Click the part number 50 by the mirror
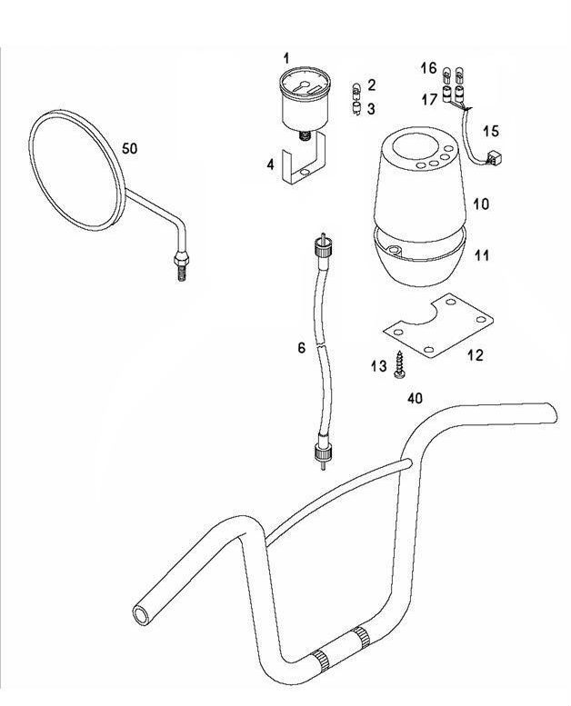click(130, 149)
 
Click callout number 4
click(270, 164)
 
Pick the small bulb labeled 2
click(356, 89)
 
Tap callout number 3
click(371, 109)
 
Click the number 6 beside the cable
click(301, 348)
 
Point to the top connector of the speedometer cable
click(321, 246)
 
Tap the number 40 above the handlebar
click(415, 399)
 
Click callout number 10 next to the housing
click(481, 204)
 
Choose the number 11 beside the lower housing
click(481, 257)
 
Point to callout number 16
click(428, 68)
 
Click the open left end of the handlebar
click(143, 615)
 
